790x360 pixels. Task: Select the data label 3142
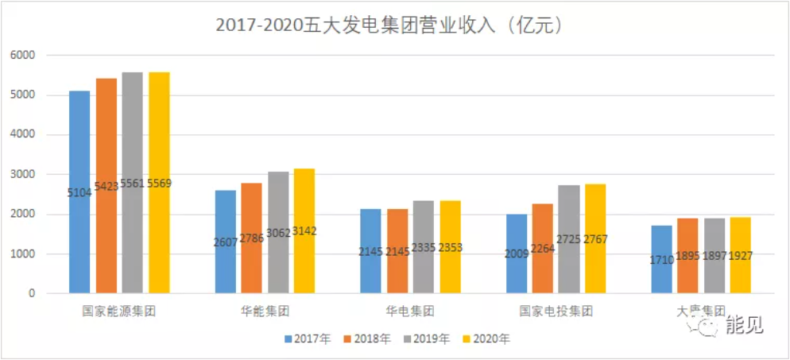point(304,231)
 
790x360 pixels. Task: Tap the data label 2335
point(424,247)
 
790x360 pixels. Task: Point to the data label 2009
point(517,254)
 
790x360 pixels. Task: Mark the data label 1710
point(662,260)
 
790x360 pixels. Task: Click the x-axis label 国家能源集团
point(119,311)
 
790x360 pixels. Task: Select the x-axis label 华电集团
point(411,311)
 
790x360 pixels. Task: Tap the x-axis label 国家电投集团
point(556,311)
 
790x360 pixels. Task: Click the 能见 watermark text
point(744,325)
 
